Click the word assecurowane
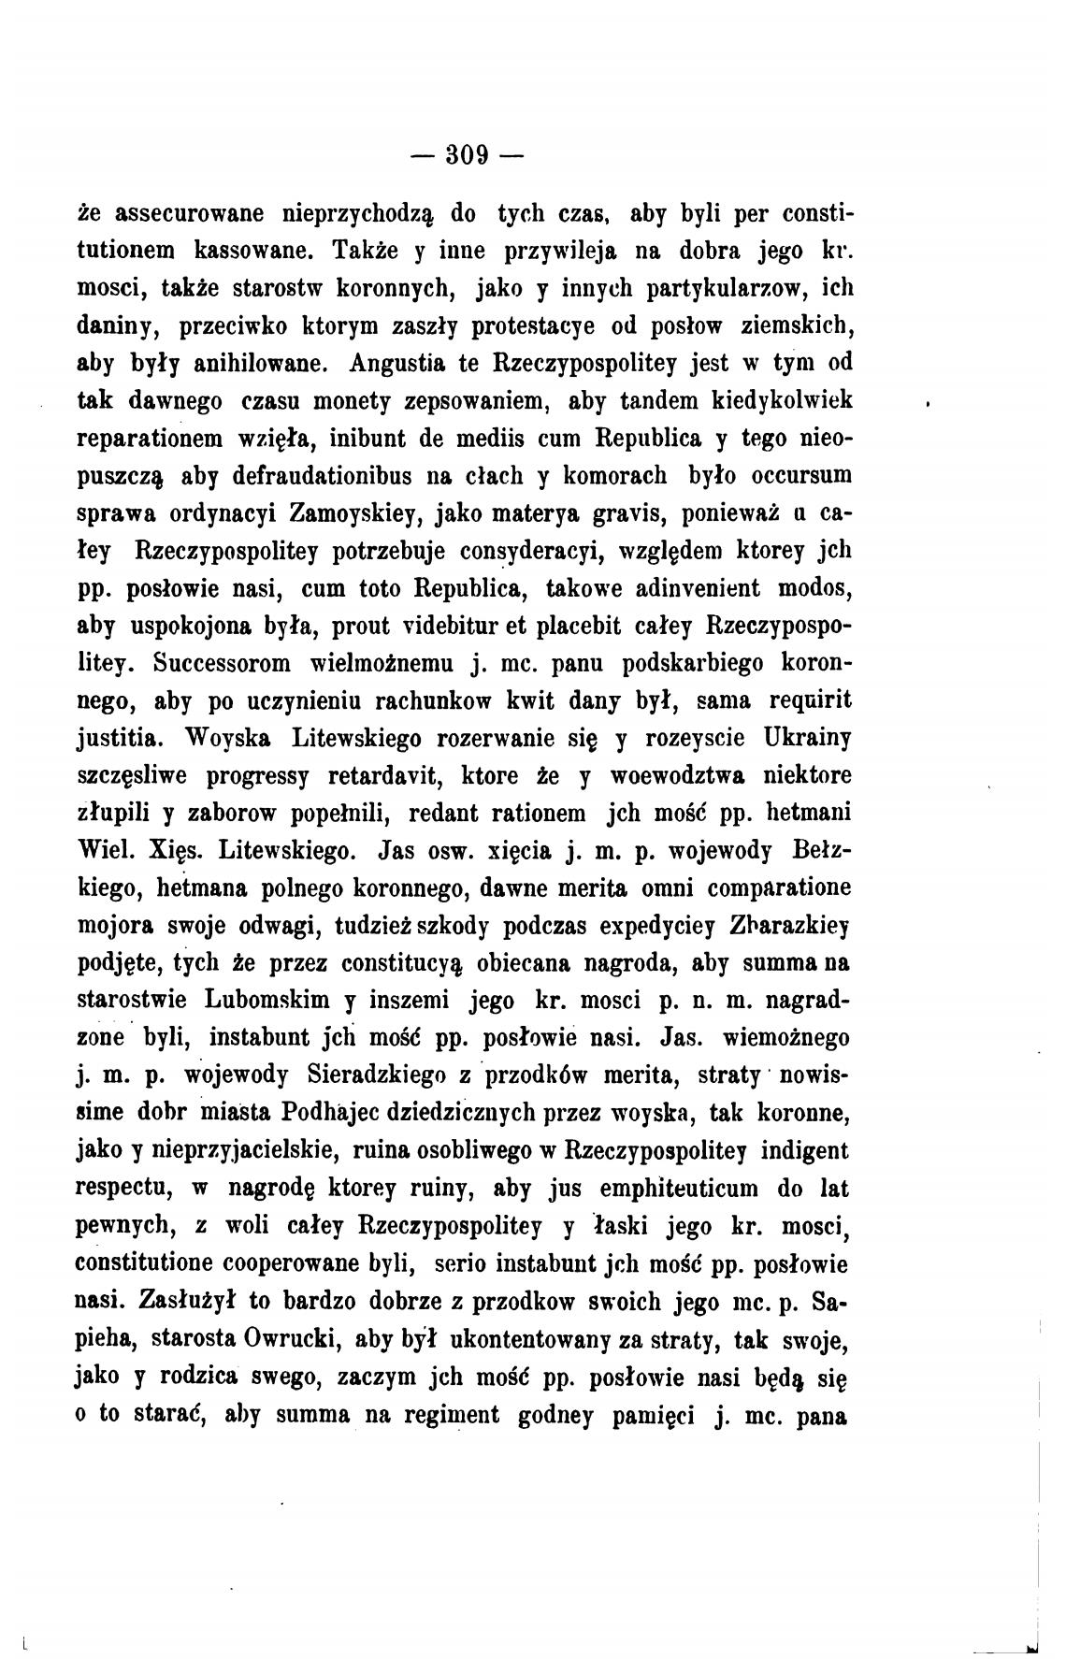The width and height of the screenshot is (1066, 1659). click(x=192, y=213)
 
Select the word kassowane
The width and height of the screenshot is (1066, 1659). click(x=252, y=251)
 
